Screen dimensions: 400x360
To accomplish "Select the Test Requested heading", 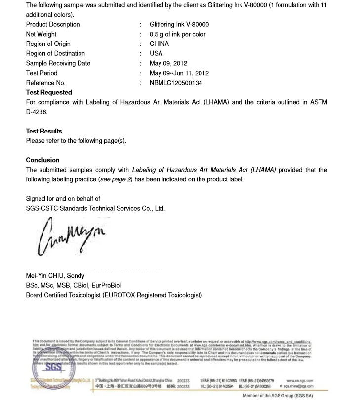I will pos(49,92).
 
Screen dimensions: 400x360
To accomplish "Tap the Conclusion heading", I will pos(42,160).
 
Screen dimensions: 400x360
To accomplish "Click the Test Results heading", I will pos(44,131).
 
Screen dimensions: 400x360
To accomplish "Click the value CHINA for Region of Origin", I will pos(159,44).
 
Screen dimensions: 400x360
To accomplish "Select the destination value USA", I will pos(156,53).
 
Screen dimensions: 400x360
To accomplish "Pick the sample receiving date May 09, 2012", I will pos(168,63).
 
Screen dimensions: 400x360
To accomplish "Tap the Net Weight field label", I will pos(41,34).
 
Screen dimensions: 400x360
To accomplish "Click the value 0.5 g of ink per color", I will pos(177,34).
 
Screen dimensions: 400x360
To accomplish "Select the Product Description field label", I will pos(53,24).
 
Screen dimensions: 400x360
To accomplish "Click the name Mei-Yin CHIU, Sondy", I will pos(55,276).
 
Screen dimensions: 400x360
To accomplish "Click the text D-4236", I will pos(38,112).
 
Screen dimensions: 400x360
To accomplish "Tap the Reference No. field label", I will pos(45,83).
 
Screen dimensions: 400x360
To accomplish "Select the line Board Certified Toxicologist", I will pos(114,295).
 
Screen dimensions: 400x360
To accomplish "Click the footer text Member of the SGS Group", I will pos(278,396).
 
